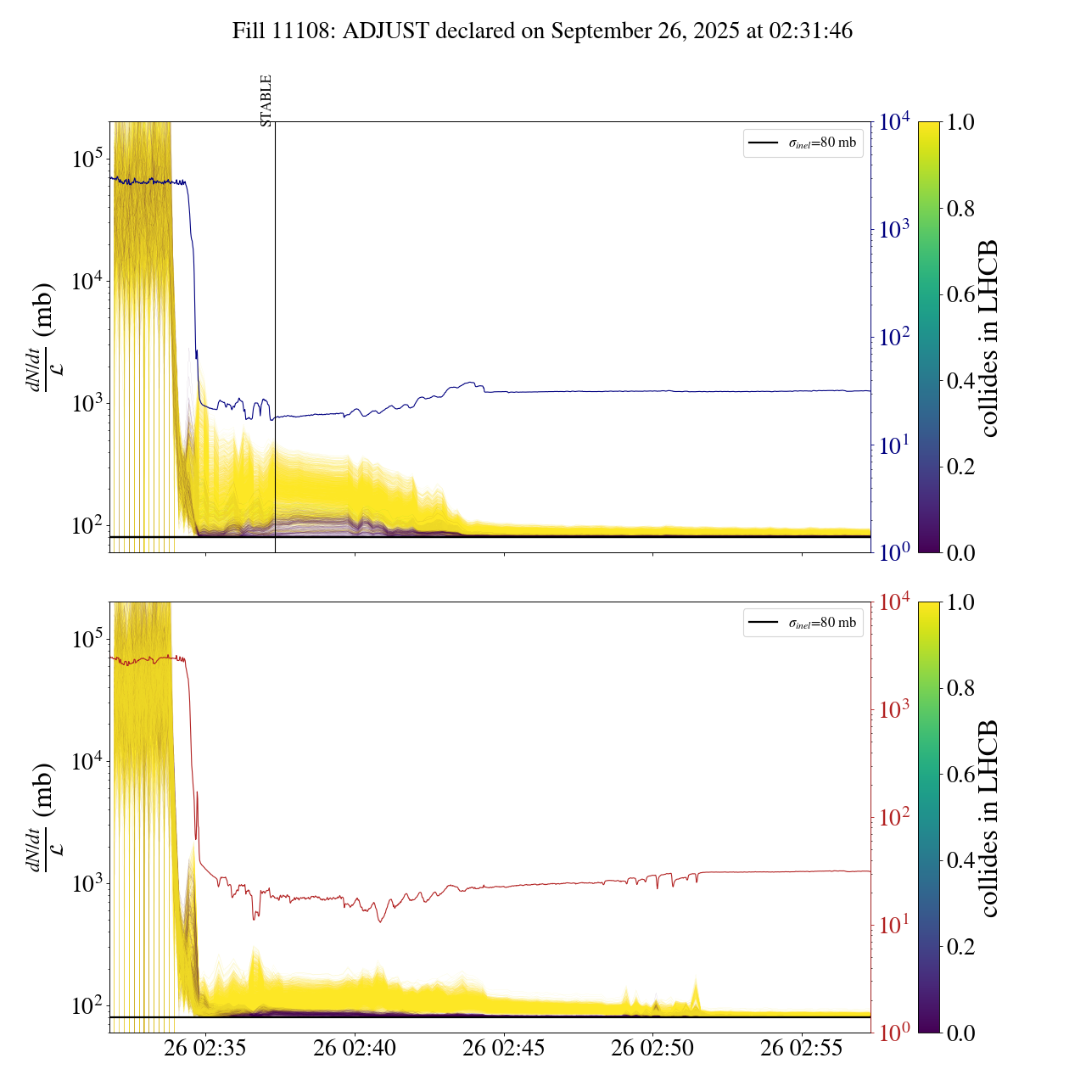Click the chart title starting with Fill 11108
coord(542,31)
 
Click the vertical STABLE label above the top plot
coord(266,101)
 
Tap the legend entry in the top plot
coord(803,143)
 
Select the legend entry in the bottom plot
coord(803,623)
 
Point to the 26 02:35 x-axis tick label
coord(205,1049)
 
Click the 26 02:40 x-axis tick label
coord(355,1049)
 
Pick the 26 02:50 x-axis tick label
coord(652,1049)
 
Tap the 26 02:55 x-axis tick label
coord(802,1049)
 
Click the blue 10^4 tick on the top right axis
coord(894,122)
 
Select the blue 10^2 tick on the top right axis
coord(894,337)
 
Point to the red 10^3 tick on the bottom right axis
coord(894,709)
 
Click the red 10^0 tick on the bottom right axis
coord(894,1032)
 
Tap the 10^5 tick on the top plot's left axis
coord(87,159)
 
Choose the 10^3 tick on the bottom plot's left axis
coord(87,883)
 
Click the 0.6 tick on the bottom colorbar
coord(960,774)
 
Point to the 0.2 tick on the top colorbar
coord(960,467)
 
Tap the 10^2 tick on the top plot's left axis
coord(87,525)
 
